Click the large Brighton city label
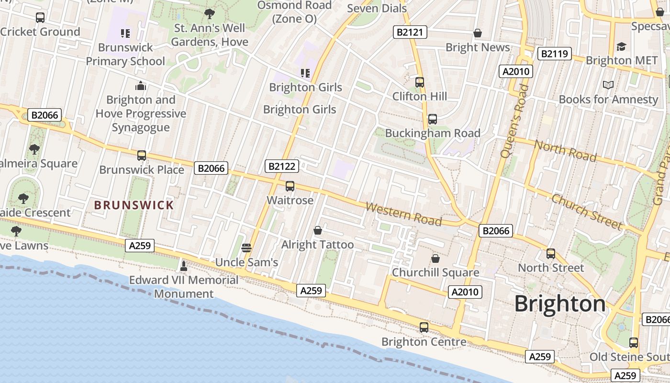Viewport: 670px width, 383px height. pyautogui.click(x=560, y=304)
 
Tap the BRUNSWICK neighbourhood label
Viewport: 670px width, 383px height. pyautogui.click(x=134, y=205)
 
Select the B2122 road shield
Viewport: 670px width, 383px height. pyautogui.click(x=282, y=166)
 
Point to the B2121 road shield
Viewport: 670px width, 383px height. pyautogui.click(x=410, y=33)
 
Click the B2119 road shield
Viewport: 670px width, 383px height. pyautogui.click(x=555, y=54)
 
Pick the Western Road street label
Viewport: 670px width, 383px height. pyautogui.click(x=403, y=214)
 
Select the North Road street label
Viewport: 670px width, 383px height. pyautogui.click(x=565, y=151)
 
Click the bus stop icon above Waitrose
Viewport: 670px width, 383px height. pyautogui.click(x=290, y=186)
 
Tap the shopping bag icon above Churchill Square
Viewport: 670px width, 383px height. pyautogui.click(x=435, y=259)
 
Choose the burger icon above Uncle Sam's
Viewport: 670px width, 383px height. pyautogui.click(x=246, y=248)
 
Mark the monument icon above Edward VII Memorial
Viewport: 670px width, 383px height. pyautogui.click(x=183, y=266)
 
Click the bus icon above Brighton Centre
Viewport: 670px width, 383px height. pyautogui.click(x=424, y=327)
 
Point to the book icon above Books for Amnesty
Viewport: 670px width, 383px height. pyautogui.click(x=608, y=85)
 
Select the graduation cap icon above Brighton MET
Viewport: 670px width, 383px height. pyautogui.click(x=621, y=46)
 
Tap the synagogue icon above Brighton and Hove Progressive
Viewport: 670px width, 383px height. pyautogui.click(x=140, y=86)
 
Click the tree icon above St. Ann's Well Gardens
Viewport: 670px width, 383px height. pyautogui.click(x=209, y=14)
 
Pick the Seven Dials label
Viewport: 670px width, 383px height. pyautogui.click(x=377, y=8)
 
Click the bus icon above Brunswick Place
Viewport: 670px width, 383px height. pyautogui.click(x=142, y=156)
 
